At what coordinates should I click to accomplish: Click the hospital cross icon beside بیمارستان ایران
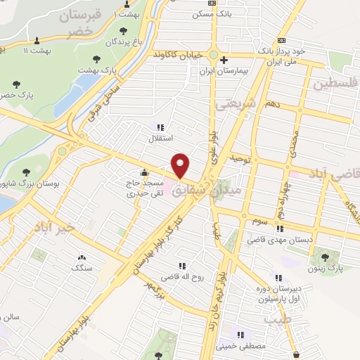coord(224,60)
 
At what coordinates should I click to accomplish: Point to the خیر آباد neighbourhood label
coord(63,227)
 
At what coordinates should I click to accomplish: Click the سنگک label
coord(82,268)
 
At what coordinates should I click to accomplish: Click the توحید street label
coord(240,159)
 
